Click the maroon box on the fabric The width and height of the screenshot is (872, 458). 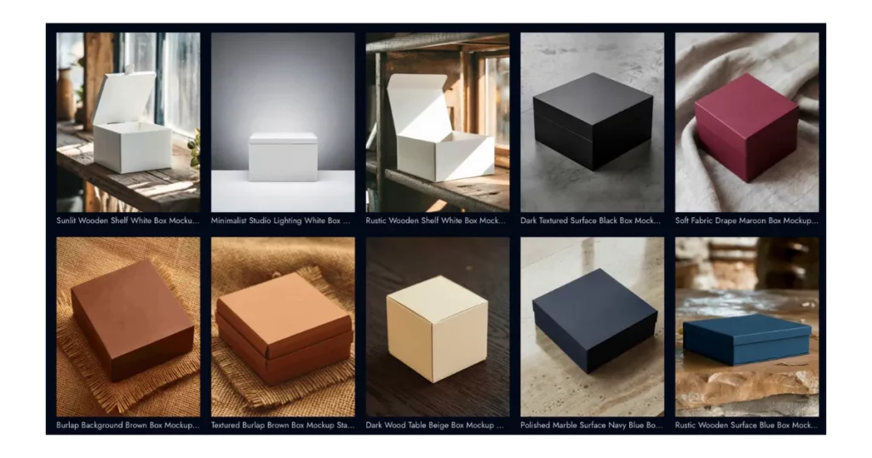click(x=746, y=128)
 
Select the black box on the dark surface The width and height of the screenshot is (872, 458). click(x=593, y=121)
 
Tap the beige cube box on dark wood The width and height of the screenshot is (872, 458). click(x=437, y=329)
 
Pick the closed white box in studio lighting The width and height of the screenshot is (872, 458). click(x=283, y=157)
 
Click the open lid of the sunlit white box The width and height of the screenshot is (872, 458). click(x=124, y=97)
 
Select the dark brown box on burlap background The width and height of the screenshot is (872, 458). click(x=132, y=319)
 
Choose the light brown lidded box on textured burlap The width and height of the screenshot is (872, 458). click(x=284, y=328)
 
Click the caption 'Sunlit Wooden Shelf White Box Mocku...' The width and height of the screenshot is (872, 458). click(x=128, y=220)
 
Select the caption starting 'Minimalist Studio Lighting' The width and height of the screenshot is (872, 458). click(x=280, y=220)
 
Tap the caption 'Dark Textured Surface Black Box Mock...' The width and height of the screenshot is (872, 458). click(x=591, y=220)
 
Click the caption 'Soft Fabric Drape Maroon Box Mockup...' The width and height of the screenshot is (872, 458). click(x=746, y=220)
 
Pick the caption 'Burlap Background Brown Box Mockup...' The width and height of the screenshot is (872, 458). click(x=128, y=425)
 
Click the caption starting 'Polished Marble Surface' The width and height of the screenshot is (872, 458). click(x=591, y=425)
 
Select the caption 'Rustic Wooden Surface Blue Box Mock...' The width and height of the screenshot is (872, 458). click(x=746, y=425)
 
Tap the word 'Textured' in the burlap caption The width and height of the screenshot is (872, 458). click(x=225, y=425)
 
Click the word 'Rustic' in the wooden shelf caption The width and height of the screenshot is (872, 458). click(x=376, y=220)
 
